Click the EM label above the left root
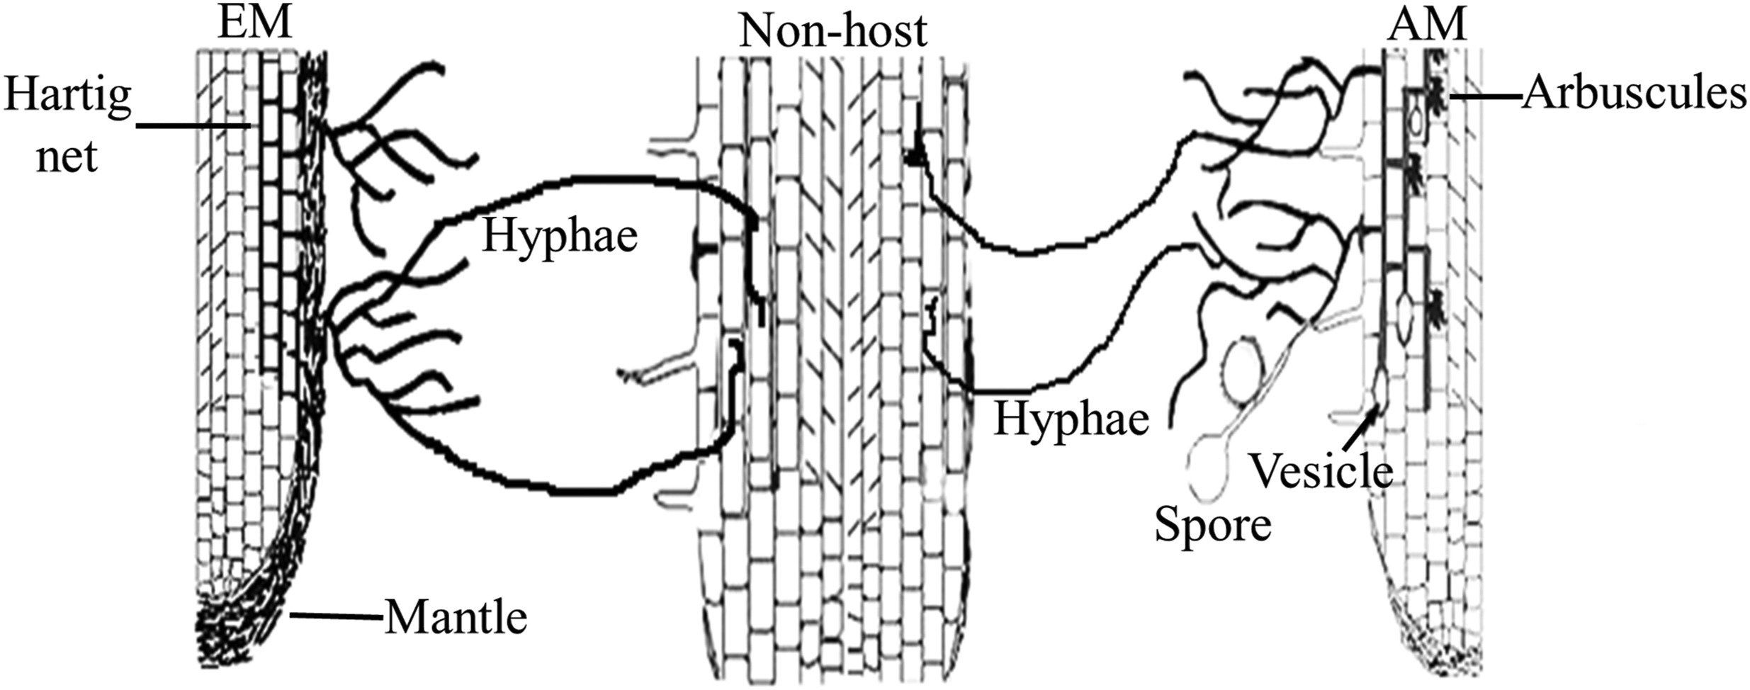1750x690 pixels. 254,23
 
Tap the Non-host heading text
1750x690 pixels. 832,31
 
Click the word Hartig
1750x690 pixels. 67,96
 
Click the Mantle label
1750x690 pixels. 456,618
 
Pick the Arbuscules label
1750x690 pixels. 1634,94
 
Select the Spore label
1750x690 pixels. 1212,526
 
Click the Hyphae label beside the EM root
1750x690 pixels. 560,236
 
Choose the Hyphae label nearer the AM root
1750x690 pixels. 1071,419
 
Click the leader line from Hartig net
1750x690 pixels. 193,126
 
